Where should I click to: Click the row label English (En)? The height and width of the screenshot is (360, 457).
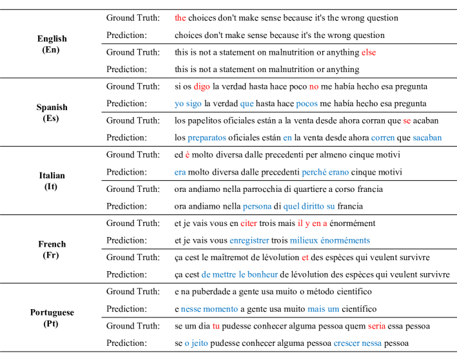[52, 44]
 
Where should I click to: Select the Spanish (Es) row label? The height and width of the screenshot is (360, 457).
[52, 113]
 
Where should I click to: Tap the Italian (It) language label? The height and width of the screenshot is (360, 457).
[52, 180]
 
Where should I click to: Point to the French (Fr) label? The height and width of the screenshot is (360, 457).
[52, 249]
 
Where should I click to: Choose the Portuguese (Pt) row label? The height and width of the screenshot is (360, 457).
[52, 317]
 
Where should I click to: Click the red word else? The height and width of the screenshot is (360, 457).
[369, 52]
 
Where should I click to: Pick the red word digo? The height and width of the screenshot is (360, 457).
[201, 86]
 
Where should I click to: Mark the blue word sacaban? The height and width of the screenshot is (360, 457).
[427, 137]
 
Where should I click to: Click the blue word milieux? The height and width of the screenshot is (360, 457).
[304, 240]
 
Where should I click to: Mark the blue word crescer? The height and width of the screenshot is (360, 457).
[347, 343]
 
